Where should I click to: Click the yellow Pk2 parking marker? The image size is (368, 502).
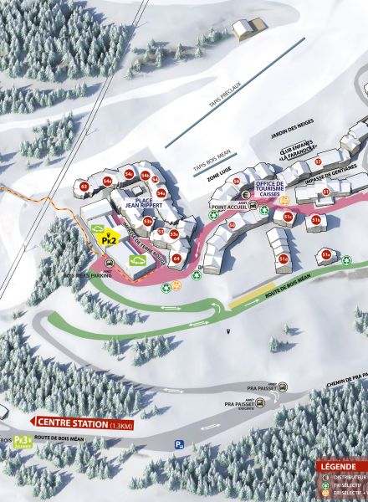click(x=107, y=239)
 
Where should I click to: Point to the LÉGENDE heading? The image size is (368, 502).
click(x=341, y=466)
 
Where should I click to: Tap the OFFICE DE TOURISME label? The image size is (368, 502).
click(x=270, y=187)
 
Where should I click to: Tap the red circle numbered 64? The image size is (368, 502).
click(x=176, y=259)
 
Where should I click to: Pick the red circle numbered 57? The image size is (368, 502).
click(x=318, y=161)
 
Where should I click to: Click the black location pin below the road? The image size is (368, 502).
click(x=228, y=333)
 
